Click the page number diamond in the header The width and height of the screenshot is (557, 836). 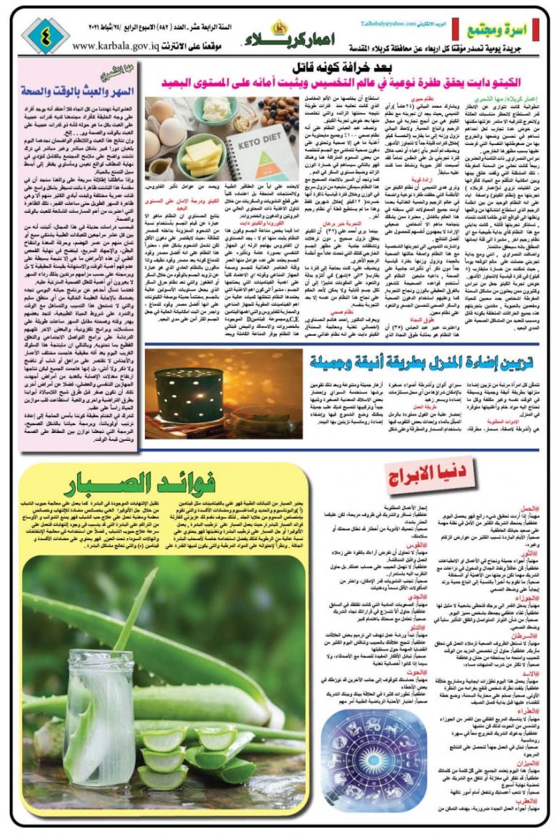[x=45, y=36]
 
